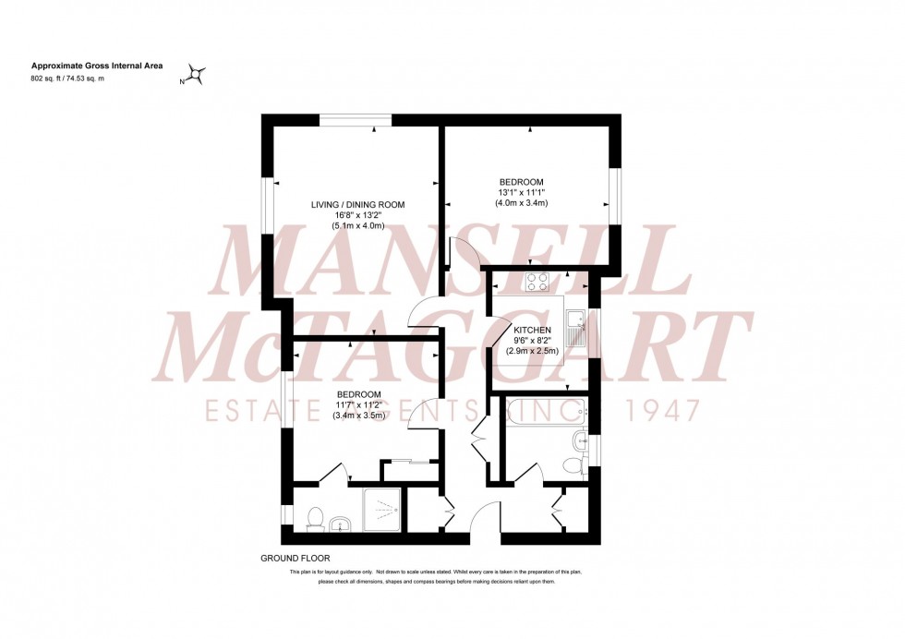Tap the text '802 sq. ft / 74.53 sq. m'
pos(67,79)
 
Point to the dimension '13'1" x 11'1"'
pos(521,192)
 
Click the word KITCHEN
pos(533,330)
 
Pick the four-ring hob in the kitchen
pos(537,281)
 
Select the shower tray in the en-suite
pos(380,511)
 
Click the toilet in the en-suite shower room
pos(313,519)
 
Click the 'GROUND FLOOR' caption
pos(296,559)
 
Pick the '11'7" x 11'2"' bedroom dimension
pos(358,404)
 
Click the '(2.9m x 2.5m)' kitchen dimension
pos(533,351)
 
